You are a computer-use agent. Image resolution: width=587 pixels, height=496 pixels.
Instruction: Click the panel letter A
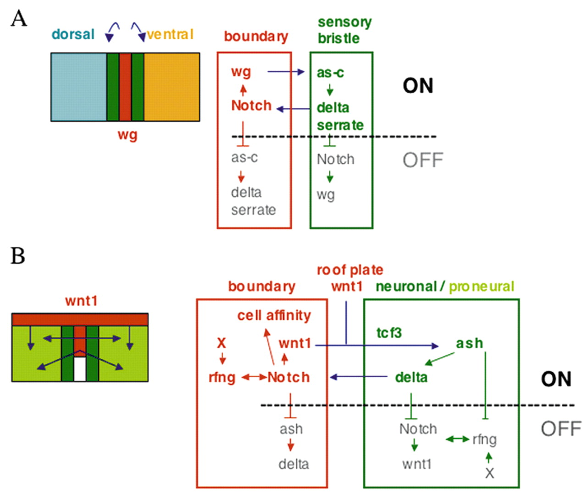pos(19,19)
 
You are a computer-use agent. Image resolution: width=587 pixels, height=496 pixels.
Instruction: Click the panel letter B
pos(18,256)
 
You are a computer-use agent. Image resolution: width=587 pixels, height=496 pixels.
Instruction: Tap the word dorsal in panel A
pos(73,34)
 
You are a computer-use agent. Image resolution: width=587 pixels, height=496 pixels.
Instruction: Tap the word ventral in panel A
pos(170,34)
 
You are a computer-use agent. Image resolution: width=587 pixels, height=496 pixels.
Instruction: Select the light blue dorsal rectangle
pos(78,87)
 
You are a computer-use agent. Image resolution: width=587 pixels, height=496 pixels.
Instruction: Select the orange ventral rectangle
pos(172,87)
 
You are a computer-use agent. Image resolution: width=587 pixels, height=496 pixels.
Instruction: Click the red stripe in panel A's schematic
pos(125,87)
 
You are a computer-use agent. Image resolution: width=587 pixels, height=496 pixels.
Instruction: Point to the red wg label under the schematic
pos(127,135)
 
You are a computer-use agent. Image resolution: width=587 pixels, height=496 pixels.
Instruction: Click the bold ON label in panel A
pos(418,86)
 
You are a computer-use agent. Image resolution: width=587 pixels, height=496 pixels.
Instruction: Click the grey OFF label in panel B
pos(561,429)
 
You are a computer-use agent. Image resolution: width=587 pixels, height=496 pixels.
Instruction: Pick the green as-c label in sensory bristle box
pos(330,72)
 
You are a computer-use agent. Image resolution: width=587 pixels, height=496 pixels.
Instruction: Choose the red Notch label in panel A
pos(251,105)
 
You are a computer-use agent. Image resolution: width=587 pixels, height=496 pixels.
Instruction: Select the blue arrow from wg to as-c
pos(286,72)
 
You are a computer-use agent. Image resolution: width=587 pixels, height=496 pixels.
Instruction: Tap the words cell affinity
pos(274,315)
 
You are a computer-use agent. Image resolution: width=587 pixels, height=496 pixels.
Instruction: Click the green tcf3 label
pos(389,332)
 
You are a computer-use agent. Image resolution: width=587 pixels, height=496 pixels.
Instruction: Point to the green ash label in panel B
pos(469,343)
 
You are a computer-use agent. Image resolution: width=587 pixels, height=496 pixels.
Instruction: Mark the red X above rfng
pos(222,343)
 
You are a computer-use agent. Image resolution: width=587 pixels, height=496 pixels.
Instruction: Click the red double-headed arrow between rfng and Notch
pos(254,377)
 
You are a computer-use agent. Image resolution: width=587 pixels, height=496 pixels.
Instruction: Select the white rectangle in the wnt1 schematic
pos(80,369)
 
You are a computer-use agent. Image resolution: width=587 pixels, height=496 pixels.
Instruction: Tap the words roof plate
pos(349,270)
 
